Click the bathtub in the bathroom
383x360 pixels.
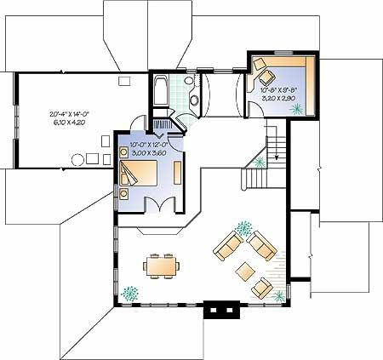tap(161, 91)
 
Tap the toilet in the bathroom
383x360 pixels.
tap(189, 80)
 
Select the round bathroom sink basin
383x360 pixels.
tap(194, 100)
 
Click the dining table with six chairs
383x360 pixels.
tap(161, 266)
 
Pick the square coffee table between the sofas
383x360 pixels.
tap(245, 271)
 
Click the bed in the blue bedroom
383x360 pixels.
tap(139, 173)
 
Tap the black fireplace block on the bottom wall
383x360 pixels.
tap(222, 310)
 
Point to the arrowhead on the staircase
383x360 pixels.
tap(277, 157)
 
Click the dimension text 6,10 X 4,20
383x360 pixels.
tap(70, 123)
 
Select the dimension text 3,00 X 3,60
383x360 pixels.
tap(149, 153)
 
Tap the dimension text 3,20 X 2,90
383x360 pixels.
tap(278, 99)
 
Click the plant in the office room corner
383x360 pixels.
tap(297, 109)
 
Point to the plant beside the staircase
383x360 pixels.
tap(260, 163)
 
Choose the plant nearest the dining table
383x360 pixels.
tap(129, 294)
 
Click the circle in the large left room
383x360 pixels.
tap(77, 160)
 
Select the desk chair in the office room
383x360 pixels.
tap(267, 77)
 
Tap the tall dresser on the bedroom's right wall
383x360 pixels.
tap(178, 173)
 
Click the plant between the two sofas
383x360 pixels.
tap(243, 229)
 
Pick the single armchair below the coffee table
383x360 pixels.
tap(262, 288)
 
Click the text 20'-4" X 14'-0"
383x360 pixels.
tap(70, 114)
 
